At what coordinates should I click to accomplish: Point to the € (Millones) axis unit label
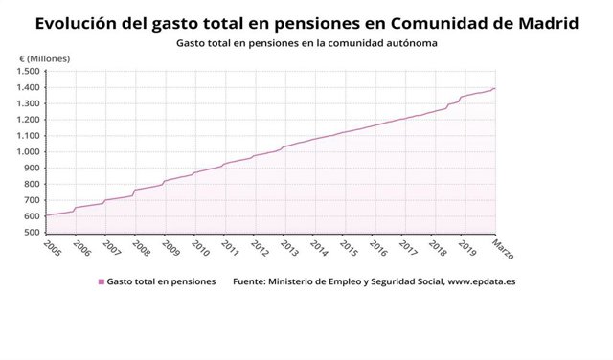pyautogui.click(x=44, y=59)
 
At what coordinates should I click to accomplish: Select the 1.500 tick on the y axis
pyautogui.click(x=29, y=72)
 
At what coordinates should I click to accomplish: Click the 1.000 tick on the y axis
pyautogui.click(x=29, y=151)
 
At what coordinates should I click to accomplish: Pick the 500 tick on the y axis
pyautogui.click(x=33, y=232)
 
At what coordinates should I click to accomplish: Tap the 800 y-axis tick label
pyautogui.click(x=33, y=184)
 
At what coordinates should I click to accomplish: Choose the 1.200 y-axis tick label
pyautogui.click(x=29, y=120)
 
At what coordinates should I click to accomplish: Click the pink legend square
pyautogui.click(x=102, y=282)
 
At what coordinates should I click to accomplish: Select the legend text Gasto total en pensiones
pyautogui.click(x=161, y=282)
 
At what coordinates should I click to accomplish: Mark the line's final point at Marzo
pyautogui.click(x=495, y=88)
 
